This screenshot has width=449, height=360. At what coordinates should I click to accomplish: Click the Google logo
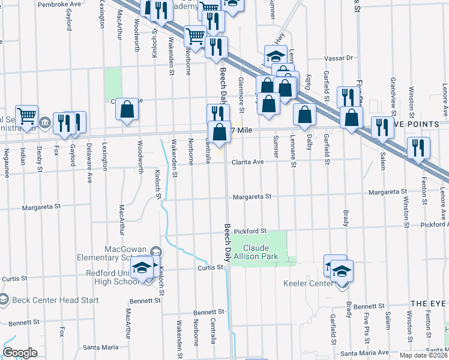click(x=20, y=353)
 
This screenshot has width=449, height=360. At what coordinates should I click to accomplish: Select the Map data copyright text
click(x=422, y=355)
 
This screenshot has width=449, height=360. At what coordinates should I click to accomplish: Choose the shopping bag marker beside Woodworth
click(x=127, y=109)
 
